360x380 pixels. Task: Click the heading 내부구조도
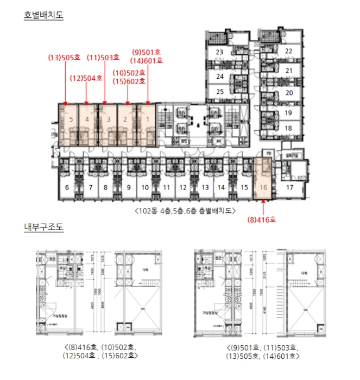(x=43, y=226)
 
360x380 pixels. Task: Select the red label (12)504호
(x=86, y=78)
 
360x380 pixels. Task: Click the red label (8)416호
(x=262, y=220)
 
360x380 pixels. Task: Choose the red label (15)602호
(x=129, y=81)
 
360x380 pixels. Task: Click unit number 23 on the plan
(x=219, y=52)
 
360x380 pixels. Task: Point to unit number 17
(x=290, y=188)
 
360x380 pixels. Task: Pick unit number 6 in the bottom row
(x=67, y=188)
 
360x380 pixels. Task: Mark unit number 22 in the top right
(x=289, y=52)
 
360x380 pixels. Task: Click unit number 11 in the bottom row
(x=167, y=188)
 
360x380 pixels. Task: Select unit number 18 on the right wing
(x=289, y=128)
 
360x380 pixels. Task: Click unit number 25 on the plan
(x=219, y=92)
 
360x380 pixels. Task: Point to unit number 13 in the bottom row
(x=205, y=188)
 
